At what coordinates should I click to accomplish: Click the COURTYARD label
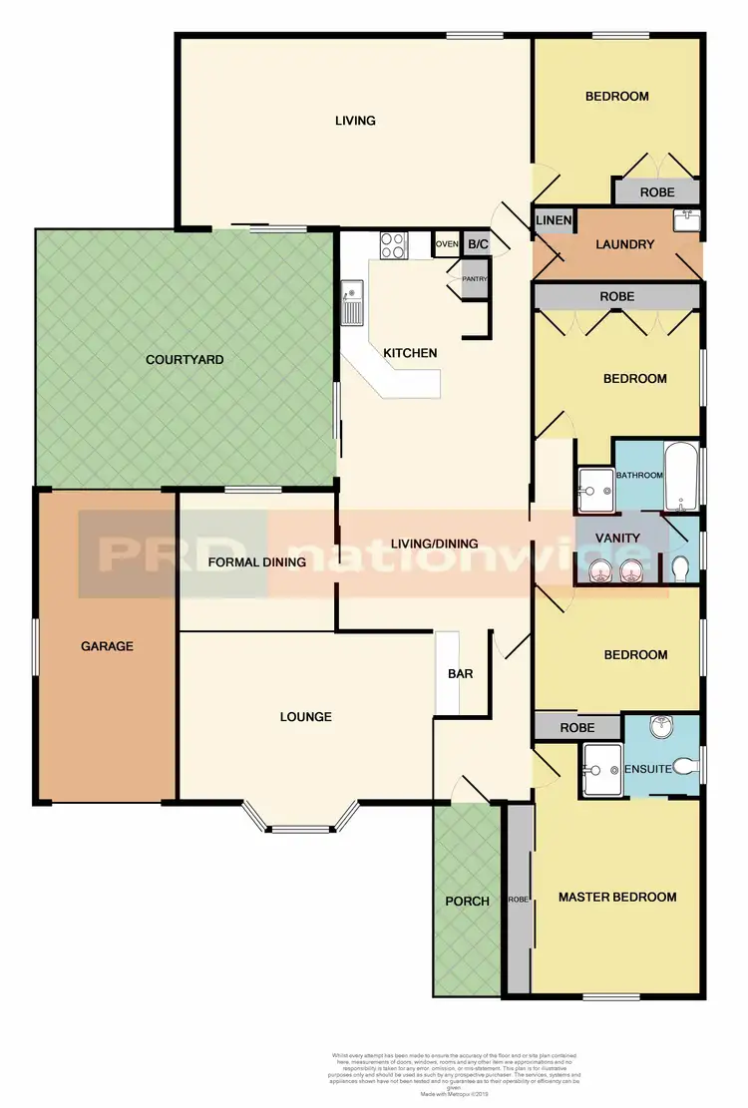(x=185, y=359)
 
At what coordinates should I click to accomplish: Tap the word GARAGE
(x=107, y=646)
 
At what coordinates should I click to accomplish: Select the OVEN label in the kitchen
(x=446, y=244)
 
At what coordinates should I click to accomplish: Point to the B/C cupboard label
(x=478, y=244)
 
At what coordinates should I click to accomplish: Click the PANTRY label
(x=472, y=280)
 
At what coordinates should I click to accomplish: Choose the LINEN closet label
(x=554, y=221)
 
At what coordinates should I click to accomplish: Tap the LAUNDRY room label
(x=624, y=244)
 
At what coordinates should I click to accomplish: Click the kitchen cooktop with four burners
(x=391, y=244)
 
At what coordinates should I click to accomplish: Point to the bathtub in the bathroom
(x=682, y=477)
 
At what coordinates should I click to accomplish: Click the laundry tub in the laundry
(x=688, y=219)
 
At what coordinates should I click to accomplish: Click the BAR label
(x=460, y=674)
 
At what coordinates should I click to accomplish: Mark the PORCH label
(x=467, y=902)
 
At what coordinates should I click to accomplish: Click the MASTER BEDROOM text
(x=617, y=897)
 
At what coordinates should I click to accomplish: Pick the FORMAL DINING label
(x=256, y=562)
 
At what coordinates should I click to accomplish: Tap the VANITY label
(x=617, y=538)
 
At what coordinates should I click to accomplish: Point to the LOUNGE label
(x=305, y=717)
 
